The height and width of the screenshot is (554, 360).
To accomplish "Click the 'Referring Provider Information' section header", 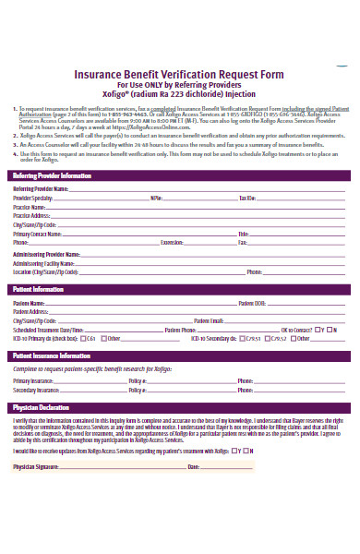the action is point(52,175).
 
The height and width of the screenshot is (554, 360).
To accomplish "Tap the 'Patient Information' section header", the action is point(38,290).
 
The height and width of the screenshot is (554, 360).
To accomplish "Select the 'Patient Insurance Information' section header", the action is point(52,355).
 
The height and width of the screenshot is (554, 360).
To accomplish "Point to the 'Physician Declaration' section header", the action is point(41,407).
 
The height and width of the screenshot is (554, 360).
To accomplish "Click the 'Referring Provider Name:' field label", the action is point(40,188).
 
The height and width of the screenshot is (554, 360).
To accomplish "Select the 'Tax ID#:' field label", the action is point(247,199).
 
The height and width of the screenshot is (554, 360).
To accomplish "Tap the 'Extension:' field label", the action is point(173,243).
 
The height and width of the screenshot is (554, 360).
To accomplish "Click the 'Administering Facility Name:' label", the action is point(42,263).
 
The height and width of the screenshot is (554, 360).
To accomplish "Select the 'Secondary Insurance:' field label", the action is point(36,391).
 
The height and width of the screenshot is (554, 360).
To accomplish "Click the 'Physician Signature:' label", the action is point(36,467).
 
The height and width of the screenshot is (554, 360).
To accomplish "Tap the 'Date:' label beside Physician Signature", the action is point(193,467).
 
